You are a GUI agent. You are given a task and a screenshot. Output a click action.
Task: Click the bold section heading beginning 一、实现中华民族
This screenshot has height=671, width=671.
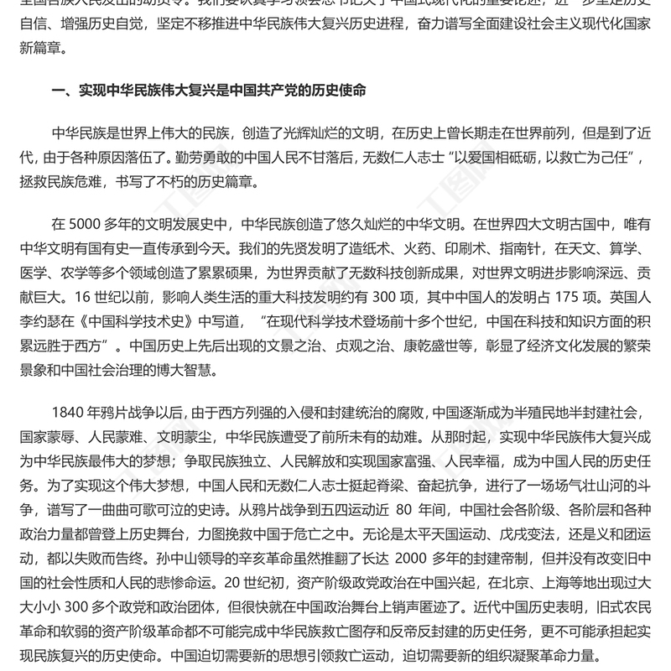(209, 88)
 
